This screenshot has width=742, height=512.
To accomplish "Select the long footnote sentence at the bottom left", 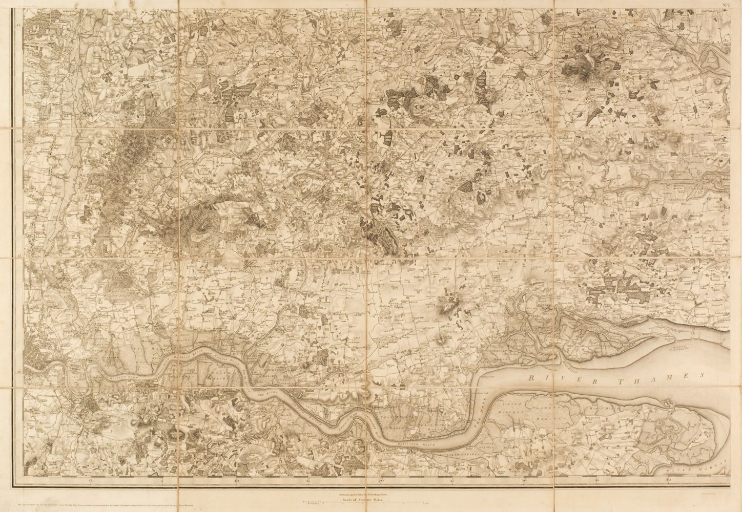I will [x=102, y=504].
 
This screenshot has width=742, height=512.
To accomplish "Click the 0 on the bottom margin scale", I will [x=91, y=480].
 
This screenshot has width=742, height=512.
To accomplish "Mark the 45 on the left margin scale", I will [x=19, y=25].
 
